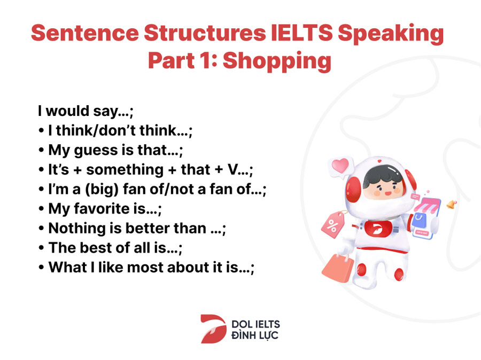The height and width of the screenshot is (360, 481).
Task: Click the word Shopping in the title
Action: [x=277, y=61]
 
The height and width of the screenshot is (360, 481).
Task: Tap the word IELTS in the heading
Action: [x=301, y=33]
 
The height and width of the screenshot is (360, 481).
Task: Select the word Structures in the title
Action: [x=205, y=33]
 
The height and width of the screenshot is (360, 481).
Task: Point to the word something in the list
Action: [x=125, y=170]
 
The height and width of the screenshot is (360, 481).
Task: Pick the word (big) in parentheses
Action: [x=102, y=190]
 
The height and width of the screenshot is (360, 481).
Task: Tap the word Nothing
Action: [x=77, y=229]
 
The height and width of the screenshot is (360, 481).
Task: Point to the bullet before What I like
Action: [x=41, y=268]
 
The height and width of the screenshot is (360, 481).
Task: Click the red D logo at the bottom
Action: [x=213, y=328]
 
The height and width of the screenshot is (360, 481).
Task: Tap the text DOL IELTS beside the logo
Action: [x=255, y=324]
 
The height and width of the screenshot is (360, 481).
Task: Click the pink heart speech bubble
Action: [x=341, y=167]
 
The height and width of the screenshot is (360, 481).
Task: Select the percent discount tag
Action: [x=333, y=225]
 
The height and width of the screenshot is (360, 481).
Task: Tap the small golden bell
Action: [x=451, y=204]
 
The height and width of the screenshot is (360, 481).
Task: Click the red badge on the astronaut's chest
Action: [x=378, y=229]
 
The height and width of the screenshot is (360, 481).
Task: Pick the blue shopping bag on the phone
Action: [x=419, y=221]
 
